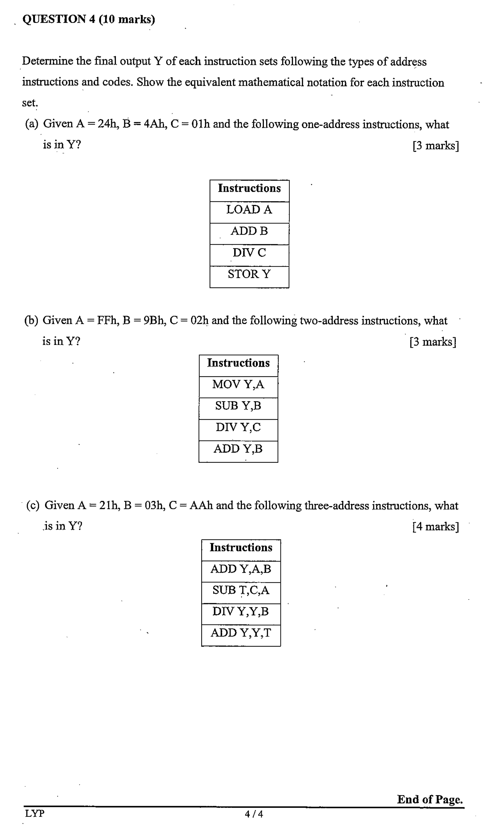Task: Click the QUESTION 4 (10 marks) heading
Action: (x=89, y=19)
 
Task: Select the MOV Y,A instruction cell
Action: (x=238, y=384)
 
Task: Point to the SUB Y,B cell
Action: (x=238, y=406)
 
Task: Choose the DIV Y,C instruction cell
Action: (x=238, y=427)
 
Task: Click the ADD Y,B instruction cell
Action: (x=238, y=449)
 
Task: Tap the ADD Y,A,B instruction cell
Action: (x=241, y=569)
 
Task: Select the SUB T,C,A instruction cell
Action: (x=241, y=590)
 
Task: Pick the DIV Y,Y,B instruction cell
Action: (x=241, y=612)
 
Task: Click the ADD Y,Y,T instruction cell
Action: (x=241, y=633)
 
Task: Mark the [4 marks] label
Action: (x=435, y=527)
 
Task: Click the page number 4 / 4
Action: (x=254, y=814)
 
